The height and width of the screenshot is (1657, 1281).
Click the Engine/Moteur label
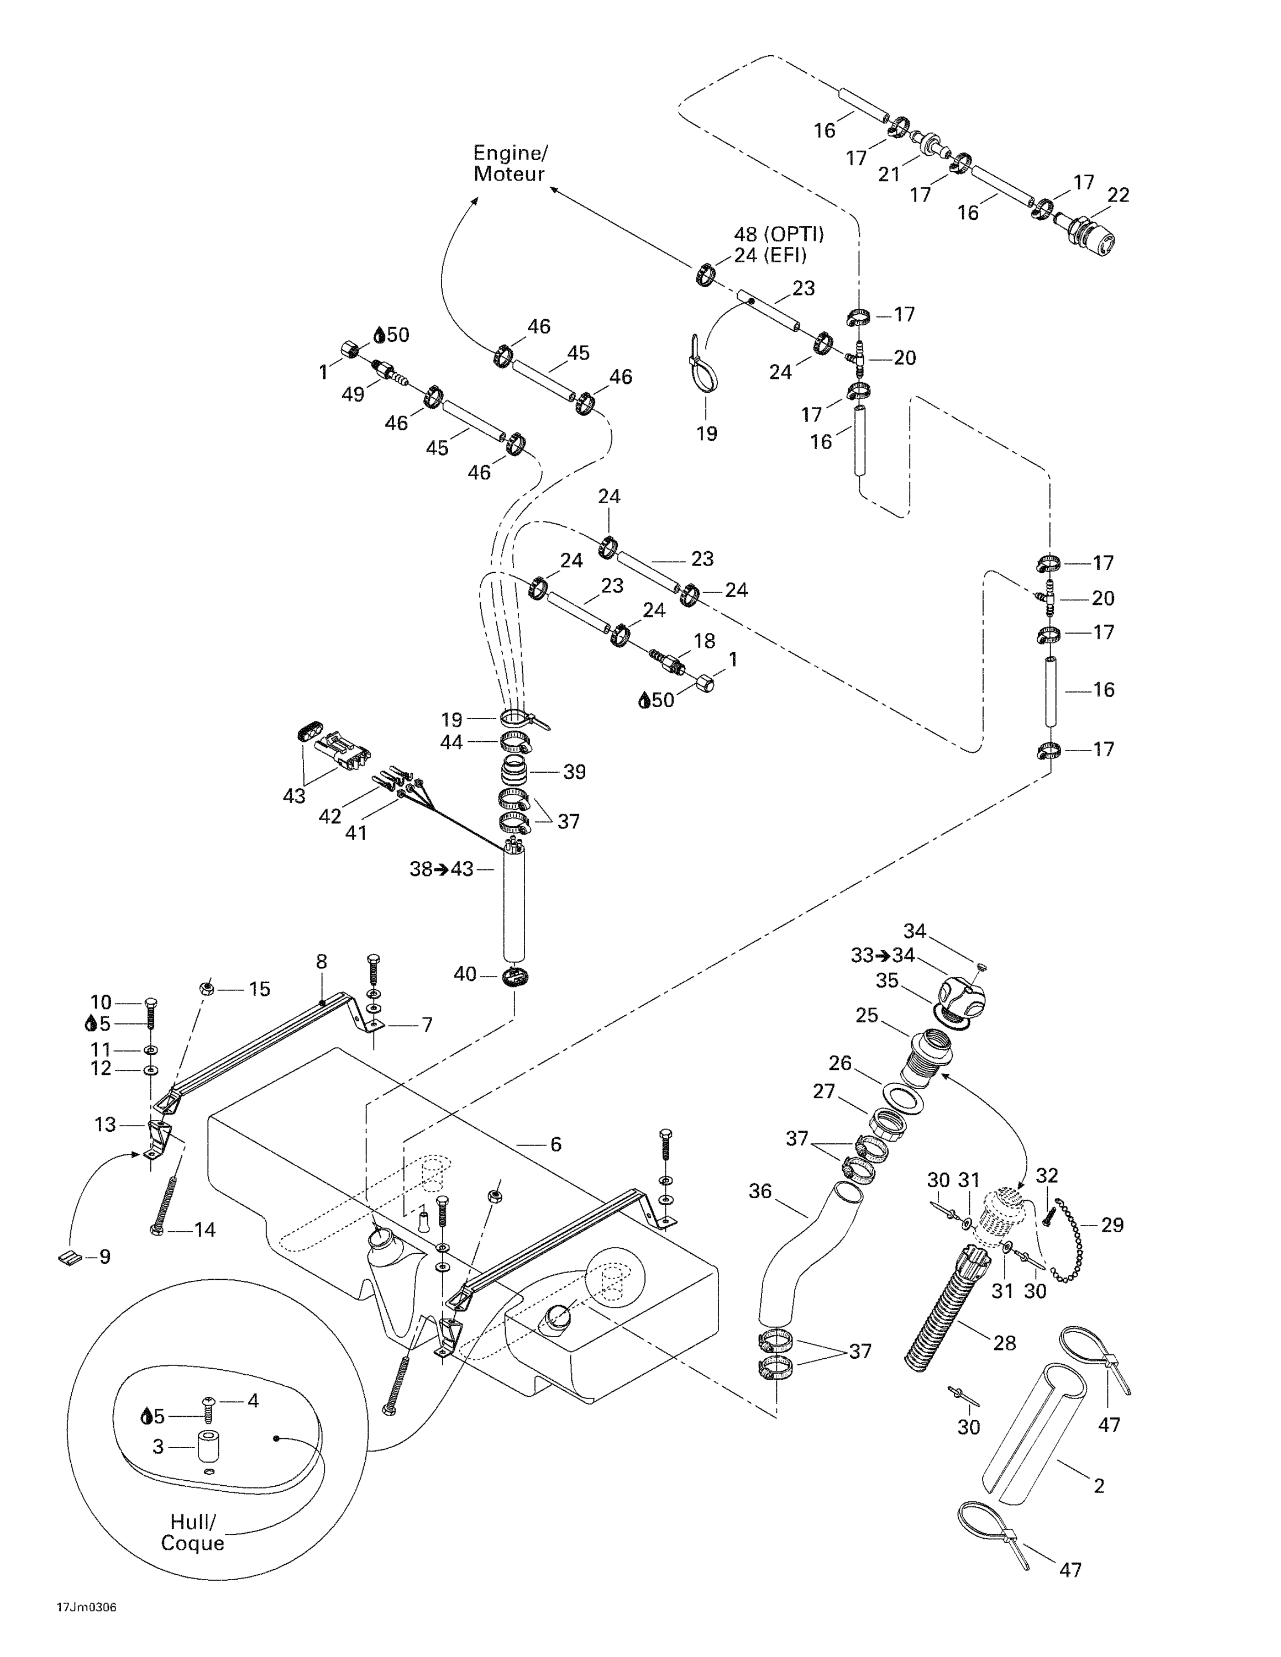pyautogui.click(x=509, y=163)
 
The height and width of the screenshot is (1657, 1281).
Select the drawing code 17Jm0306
pyautogui.click(x=87, y=1629)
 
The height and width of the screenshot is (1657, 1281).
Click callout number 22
pyautogui.click(x=1118, y=195)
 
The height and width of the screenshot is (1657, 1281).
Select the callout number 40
pyautogui.click(x=464, y=973)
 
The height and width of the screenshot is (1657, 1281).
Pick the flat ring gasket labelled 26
pyautogui.click(x=903, y=1100)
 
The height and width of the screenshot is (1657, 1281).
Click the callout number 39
pyautogui.click(x=575, y=772)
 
